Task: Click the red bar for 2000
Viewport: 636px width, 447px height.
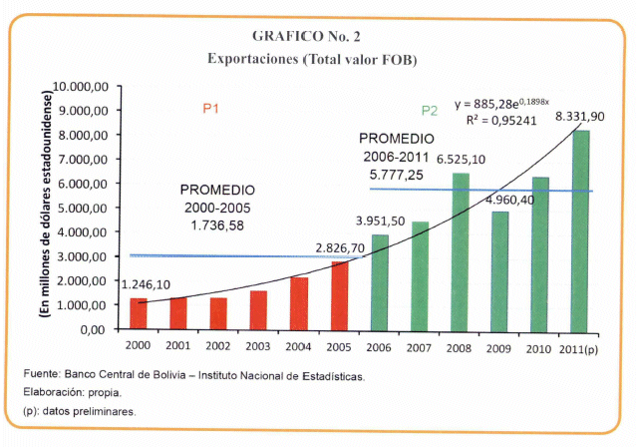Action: (139, 313)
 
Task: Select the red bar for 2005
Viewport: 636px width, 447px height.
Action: (340, 295)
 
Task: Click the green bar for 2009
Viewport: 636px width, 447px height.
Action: (500, 270)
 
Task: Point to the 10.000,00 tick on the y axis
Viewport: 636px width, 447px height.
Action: (87, 87)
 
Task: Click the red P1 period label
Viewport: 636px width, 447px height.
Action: (211, 109)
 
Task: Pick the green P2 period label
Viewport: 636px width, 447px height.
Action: (429, 110)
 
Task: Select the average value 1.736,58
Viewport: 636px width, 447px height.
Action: (217, 225)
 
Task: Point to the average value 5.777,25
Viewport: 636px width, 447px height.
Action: (398, 174)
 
